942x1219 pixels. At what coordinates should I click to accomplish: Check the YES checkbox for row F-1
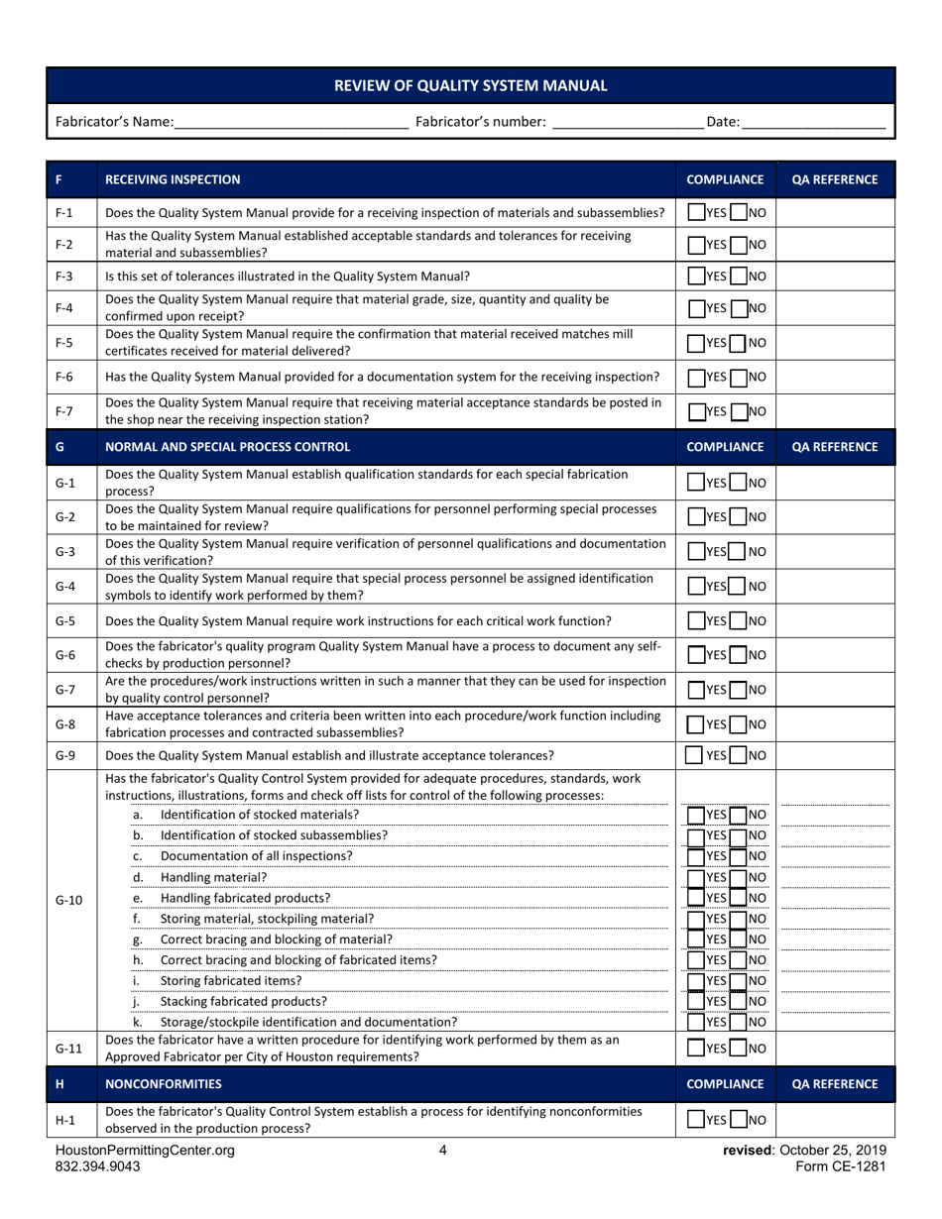pos(696,212)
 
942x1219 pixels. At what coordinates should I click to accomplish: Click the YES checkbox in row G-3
pos(696,551)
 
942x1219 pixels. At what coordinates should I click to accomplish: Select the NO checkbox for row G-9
pos(737,755)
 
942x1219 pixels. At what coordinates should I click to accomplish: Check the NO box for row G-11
pos(737,1049)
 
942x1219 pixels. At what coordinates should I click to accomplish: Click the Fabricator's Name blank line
pos(292,123)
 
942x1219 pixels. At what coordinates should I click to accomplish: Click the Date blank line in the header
pos(813,123)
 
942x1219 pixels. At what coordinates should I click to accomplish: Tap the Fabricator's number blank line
pos(627,123)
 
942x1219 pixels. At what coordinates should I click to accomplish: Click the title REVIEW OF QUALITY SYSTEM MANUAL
pos(471,85)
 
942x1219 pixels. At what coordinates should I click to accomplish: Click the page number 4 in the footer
pos(443,1151)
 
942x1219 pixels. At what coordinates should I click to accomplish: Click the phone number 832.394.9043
pos(98,1167)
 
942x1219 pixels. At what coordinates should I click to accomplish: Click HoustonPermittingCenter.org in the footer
pos(145,1151)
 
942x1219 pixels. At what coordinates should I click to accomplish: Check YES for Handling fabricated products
pos(696,897)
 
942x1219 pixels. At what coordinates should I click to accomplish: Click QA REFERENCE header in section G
pos(835,447)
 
